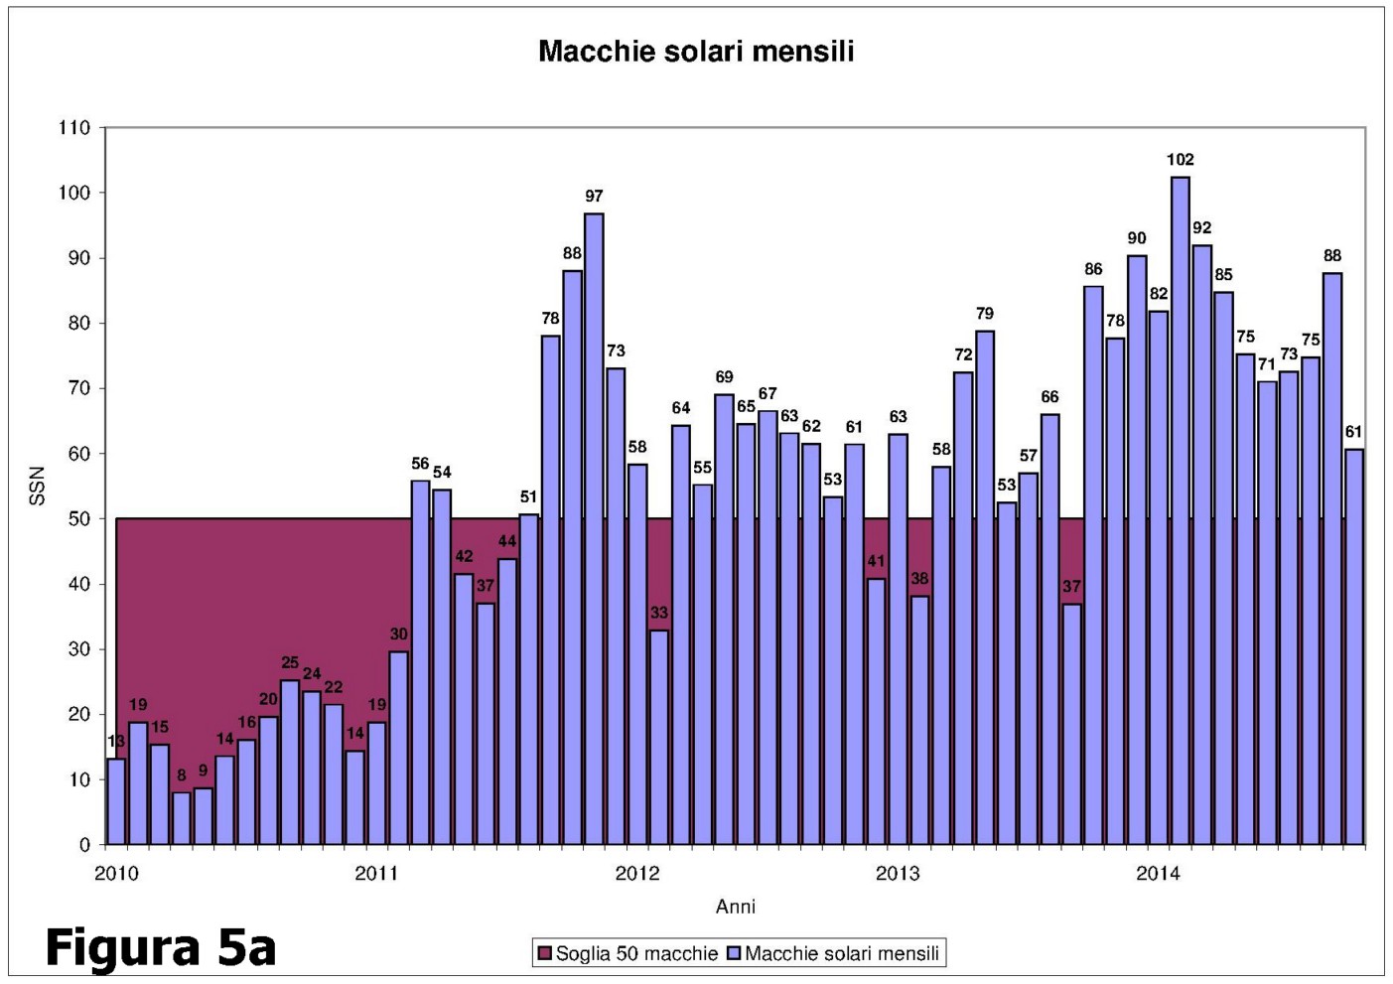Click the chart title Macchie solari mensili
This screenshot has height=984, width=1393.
[x=696, y=52]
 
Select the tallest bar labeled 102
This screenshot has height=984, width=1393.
[x=1181, y=510]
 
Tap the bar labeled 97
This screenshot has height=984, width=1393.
[x=594, y=528]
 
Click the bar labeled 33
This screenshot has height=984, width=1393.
[x=659, y=737]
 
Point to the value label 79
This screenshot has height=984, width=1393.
[x=984, y=314]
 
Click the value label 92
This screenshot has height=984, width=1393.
[x=1201, y=228]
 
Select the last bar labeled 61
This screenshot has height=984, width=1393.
[x=1354, y=646]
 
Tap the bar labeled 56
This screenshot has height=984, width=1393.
[x=420, y=662]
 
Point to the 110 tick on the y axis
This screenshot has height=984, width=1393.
[x=75, y=128]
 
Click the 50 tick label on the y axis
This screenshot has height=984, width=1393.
[x=79, y=519]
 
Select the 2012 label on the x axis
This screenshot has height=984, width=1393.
[x=636, y=874]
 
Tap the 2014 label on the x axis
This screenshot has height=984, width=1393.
[x=1158, y=874]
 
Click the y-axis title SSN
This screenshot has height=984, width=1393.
[x=38, y=487]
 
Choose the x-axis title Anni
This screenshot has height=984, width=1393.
[x=736, y=907]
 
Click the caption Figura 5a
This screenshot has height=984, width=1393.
[x=160, y=947]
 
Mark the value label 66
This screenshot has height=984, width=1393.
[x=1049, y=397]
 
